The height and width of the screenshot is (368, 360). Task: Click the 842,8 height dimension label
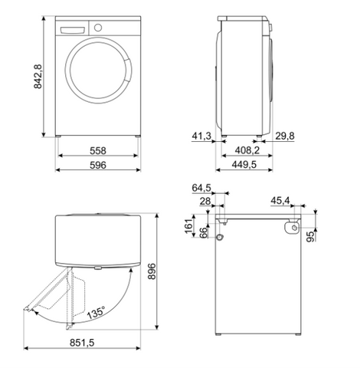[x=38, y=77]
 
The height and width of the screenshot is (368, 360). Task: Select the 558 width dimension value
[x=98, y=151]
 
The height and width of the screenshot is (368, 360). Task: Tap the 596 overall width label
[x=98, y=165]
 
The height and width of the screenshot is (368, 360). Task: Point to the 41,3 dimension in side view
[x=201, y=136]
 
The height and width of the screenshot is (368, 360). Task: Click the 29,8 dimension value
[x=285, y=136]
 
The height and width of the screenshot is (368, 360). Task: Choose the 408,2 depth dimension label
[x=247, y=150]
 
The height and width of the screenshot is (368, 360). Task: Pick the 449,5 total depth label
[x=244, y=165]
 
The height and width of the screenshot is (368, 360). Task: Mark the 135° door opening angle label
[x=96, y=312]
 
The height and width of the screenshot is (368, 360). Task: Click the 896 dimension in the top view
[x=152, y=271]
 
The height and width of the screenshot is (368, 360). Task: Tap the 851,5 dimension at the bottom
[x=82, y=343]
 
